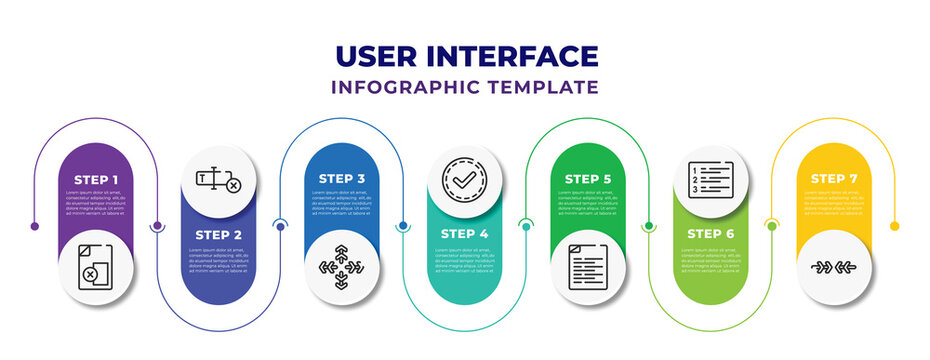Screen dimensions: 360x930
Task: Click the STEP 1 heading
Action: click(95, 179)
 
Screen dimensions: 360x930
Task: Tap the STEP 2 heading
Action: click(218, 233)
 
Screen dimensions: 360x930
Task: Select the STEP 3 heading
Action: click(341, 179)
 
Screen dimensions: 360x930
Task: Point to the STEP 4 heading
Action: click(464, 233)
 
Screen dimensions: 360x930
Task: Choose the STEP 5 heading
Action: click(587, 179)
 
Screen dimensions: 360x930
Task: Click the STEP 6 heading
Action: click(710, 233)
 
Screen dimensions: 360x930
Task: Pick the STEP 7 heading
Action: click(833, 179)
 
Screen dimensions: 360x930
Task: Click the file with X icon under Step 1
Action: click(95, 267)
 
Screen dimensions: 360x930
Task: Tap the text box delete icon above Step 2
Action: click(218, 181)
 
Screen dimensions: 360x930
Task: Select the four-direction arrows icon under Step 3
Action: click(341, 267)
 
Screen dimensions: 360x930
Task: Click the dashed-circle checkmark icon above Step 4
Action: click(464, 181)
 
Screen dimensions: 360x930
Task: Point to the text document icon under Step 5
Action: click(587, 267)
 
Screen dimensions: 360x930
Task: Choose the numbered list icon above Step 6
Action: click(710, 181)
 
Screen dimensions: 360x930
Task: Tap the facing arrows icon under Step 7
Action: click(833, 267)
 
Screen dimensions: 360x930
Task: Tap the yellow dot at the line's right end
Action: click(894, 226)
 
